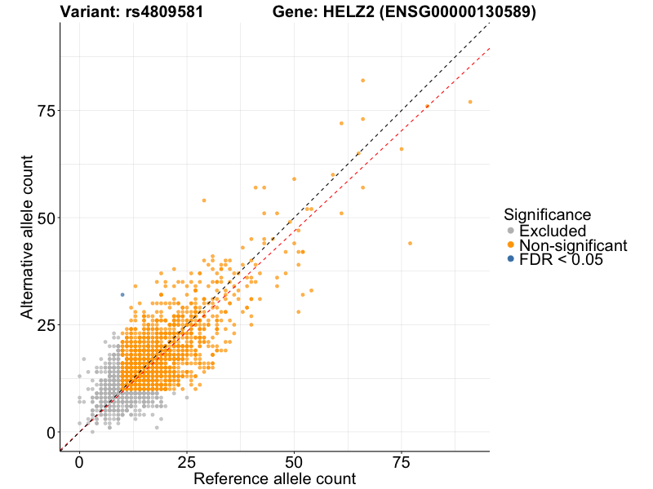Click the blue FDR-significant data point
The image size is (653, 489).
pos(122,294)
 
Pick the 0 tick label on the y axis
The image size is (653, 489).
pos(51,433)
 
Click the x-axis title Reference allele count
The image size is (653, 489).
pos(274,478)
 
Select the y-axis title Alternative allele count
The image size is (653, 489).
pos(27,236)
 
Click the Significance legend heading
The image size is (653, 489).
pos(547,215)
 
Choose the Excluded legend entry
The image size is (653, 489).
pos(553,231)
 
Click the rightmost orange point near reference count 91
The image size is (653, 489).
pos(470,102)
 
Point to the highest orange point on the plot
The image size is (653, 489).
pos(362,80)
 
